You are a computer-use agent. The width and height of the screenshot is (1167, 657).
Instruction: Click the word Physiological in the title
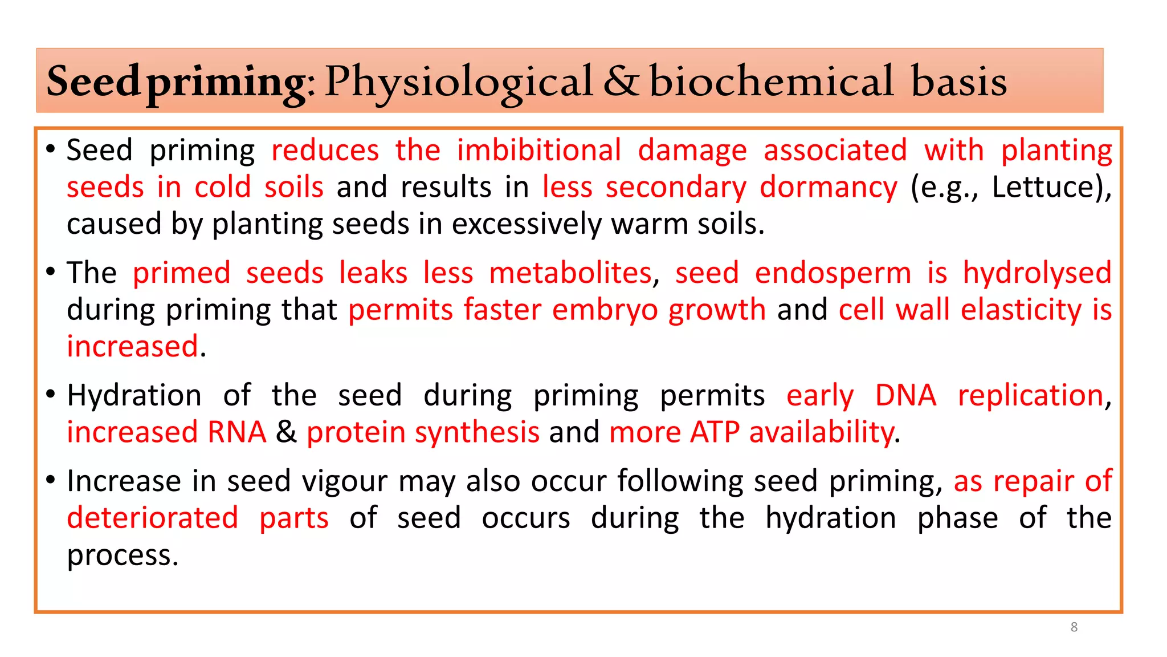459,82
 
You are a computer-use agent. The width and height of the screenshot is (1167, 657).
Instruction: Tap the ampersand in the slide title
621,82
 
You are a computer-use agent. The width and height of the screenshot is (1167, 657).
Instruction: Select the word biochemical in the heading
771,82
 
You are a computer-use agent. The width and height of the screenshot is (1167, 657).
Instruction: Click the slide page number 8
1074,627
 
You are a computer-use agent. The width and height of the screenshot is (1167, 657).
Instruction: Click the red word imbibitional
538,151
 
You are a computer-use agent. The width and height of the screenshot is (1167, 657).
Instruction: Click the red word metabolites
570,273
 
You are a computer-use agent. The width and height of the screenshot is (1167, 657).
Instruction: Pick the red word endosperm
833,273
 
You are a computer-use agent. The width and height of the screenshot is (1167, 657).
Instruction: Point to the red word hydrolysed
1037,273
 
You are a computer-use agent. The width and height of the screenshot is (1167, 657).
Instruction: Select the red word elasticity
1021,310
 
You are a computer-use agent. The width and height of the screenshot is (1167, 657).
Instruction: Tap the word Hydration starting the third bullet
134,396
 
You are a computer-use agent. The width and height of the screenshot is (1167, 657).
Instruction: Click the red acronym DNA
905,396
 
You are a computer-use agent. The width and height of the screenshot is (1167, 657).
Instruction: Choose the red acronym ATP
713,432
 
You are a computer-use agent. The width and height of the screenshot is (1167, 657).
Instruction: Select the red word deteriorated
152,518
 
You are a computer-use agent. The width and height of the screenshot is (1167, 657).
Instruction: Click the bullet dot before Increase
51,480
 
